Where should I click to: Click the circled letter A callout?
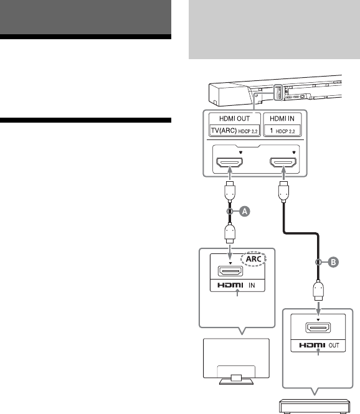point(245,211)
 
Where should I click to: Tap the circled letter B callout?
point(333,262)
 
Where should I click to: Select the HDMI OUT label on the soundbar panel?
point(235,119)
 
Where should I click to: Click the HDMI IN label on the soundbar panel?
point(282,119)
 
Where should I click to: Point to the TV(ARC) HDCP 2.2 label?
point(234,131)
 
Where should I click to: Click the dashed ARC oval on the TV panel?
point(253,259)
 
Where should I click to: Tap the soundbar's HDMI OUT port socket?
point(230,162)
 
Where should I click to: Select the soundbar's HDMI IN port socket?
point(283,162)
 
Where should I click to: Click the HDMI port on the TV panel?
point(230,271)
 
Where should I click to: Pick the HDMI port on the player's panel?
point(318,327)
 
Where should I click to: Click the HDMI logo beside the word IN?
point(230,285)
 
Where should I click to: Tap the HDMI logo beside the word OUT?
point(312,345)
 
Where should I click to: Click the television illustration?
point(236,361)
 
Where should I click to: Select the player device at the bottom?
point(315,407)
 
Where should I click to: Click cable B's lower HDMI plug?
point(318,291)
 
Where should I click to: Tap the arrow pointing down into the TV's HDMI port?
point(230,252)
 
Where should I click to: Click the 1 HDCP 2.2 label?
point(282,131)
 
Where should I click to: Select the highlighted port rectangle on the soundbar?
point(278,92)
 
